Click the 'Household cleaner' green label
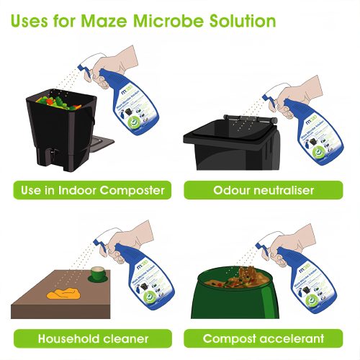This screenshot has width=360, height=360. coord(93,338)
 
